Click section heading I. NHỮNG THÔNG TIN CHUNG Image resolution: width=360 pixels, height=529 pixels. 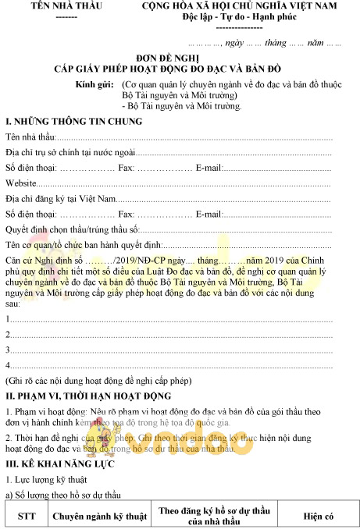[74, 122]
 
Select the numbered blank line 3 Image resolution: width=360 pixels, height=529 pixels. [9, 350]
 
